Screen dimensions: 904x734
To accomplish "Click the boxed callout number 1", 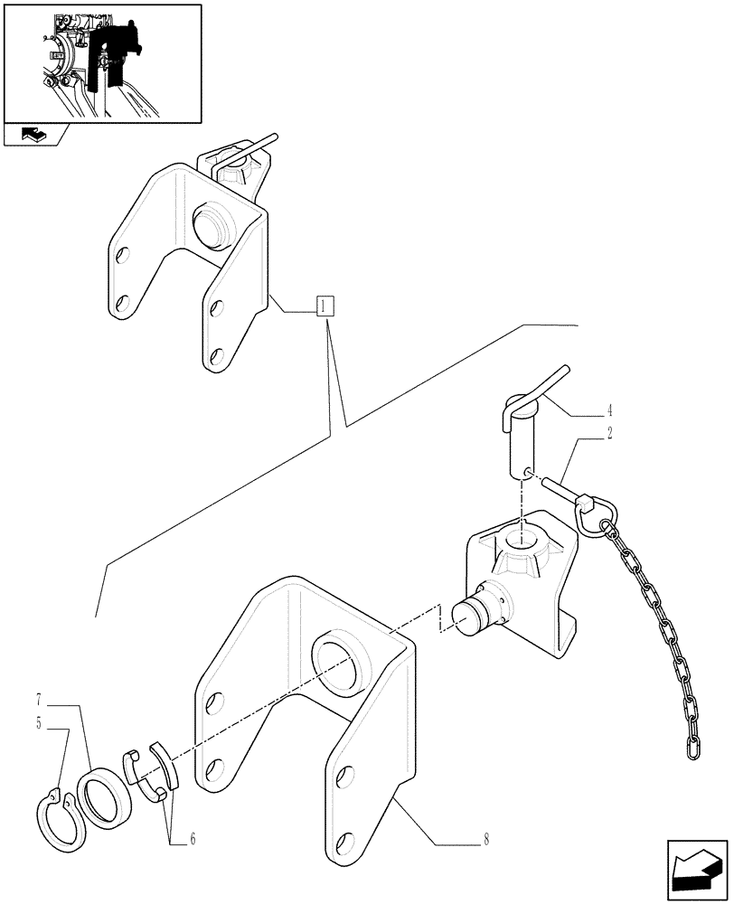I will tap(325, 306).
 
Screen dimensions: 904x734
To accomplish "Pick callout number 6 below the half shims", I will tap(191, 840).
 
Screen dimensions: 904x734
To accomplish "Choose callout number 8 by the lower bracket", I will tap(485, 840).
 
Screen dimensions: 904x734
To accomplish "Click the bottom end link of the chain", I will tap(693, 747).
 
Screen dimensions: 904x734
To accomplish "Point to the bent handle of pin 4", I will tap(542, 384).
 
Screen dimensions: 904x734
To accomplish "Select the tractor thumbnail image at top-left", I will tap(101, 62).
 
